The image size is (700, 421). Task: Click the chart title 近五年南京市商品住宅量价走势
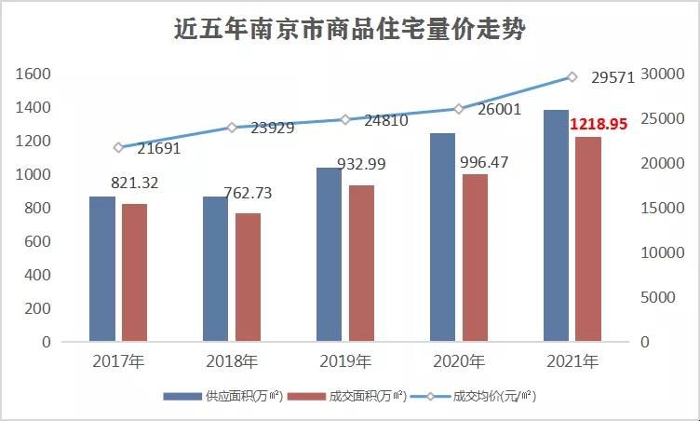[x=350, y=30]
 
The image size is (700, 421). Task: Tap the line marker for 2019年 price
[x=344, y=119]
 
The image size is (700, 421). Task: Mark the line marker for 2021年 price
[x=572, y=77]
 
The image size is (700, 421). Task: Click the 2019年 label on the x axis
[x=344, y=361]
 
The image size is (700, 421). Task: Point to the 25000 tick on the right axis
[x=667, y=118]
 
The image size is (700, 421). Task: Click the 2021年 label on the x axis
[x=572, y=361]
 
